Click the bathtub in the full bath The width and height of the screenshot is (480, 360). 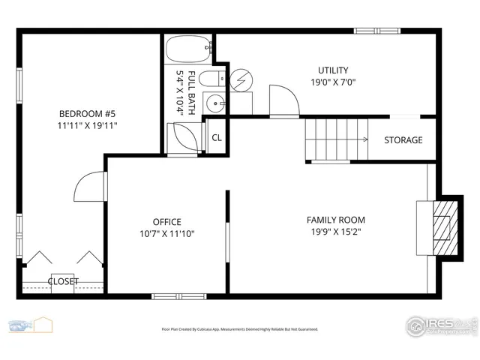[188, 51]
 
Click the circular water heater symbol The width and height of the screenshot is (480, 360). [241, 79]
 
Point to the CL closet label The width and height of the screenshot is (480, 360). [217, 138]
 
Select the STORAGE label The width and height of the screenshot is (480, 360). [403, 140]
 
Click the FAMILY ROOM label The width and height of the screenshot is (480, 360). [335, 220]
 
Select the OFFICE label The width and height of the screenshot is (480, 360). [166, 222]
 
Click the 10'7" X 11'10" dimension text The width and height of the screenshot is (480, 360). [166, 234]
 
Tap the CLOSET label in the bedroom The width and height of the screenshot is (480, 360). [63, 282]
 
